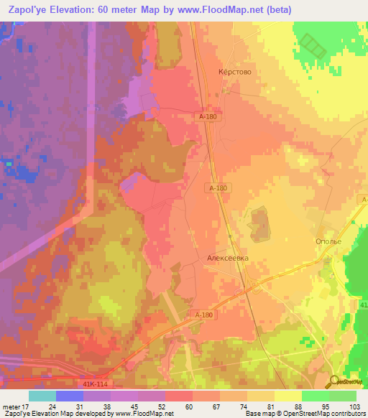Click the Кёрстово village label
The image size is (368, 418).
234,73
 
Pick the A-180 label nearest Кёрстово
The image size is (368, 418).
208,116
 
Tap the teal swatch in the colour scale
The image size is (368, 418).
42,396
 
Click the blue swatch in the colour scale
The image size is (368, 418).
70,396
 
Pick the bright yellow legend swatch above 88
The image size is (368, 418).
288,396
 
